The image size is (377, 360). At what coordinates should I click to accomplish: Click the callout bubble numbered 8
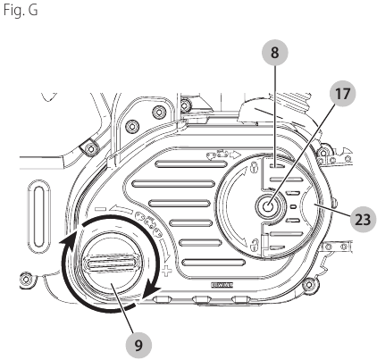[274, 53]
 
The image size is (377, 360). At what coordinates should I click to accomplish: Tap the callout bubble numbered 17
[342, 94]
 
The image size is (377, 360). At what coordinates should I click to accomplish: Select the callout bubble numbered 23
[363, 220]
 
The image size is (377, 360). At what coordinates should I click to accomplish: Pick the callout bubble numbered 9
[138, 346]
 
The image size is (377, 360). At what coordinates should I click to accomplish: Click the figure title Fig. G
[21, 10]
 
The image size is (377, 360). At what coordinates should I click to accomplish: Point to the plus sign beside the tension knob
[167, 272]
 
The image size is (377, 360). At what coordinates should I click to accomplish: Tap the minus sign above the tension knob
[101, 209]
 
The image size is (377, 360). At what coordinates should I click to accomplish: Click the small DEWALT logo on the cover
[222, 285]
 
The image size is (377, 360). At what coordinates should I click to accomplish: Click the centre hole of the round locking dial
[268, 206]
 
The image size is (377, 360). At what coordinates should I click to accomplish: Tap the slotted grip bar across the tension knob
[111, 263]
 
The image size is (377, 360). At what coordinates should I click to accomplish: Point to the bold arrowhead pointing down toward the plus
[152, 289]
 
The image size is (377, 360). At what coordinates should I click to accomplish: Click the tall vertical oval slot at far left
[38, 213]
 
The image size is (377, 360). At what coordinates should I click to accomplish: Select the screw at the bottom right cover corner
[310, 285]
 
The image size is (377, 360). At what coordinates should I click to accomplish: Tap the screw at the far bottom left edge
[26, 279]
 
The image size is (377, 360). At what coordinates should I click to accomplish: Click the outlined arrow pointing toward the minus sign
[120, 208]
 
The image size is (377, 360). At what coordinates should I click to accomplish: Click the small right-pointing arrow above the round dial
[236, 155]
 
